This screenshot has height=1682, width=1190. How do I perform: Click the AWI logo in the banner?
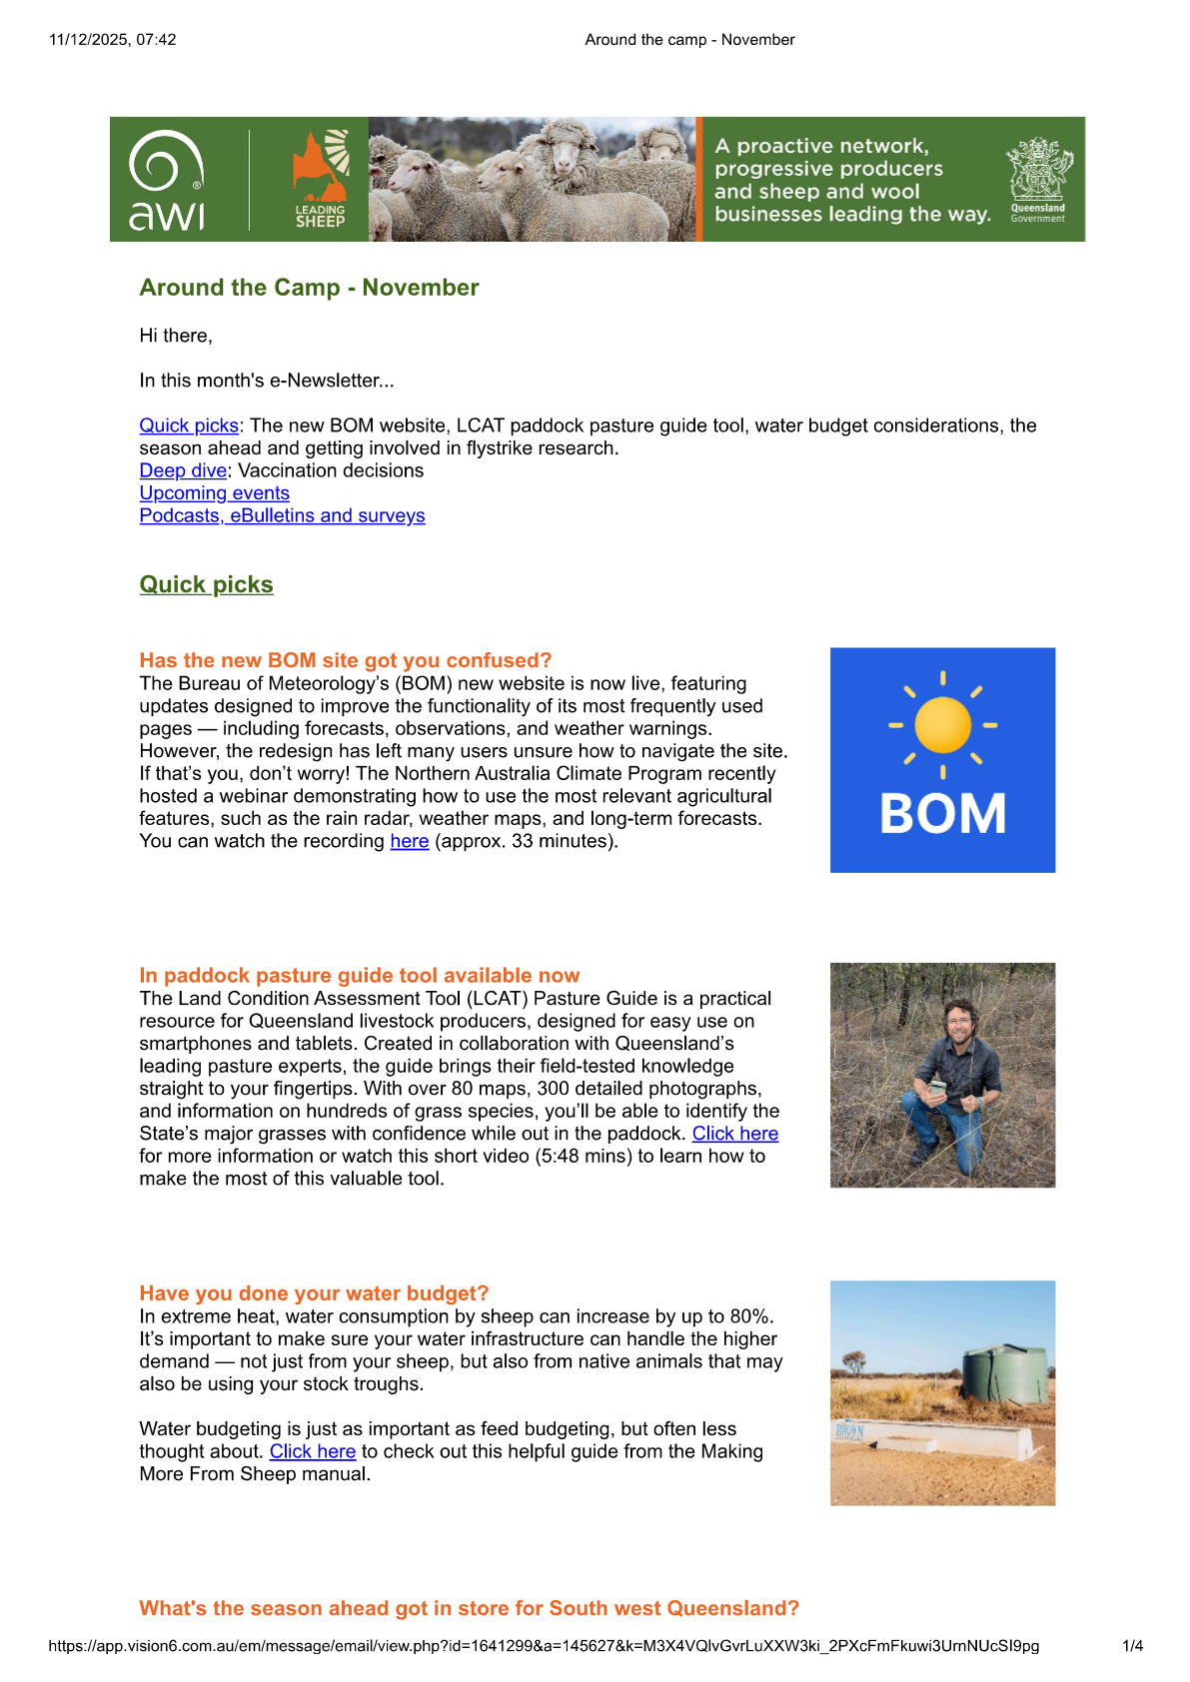coord(167,180)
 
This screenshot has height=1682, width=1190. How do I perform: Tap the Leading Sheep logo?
coord(321,180)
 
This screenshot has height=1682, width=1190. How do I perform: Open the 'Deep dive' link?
coord(183,470)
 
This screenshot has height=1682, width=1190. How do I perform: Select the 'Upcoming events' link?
coord(214,493)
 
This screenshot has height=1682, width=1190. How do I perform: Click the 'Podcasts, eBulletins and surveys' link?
coord(282,515)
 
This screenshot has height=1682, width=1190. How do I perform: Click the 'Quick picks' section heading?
coord(206,584)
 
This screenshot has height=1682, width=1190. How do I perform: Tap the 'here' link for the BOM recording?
coord(409,841)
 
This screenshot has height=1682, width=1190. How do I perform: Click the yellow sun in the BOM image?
coord(942,724)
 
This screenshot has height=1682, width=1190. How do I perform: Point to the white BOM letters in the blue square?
coord(942,813)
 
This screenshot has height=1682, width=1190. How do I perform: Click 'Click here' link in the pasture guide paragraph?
coord(734,1134)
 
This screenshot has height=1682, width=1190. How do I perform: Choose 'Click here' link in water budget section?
coord(312,1451)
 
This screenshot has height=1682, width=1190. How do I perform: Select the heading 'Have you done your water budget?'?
coord(314,1293)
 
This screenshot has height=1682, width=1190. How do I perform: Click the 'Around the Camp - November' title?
coord(309,288)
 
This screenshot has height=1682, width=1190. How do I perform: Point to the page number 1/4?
coord(1132,1646)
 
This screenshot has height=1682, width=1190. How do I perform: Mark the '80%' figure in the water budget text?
coord(752,1316)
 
